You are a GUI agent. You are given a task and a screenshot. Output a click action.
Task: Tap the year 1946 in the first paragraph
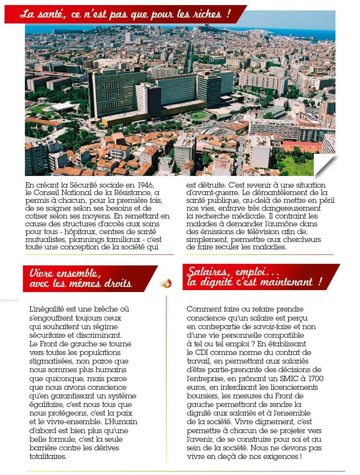[140, 185]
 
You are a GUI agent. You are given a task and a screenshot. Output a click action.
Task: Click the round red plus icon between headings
[167, 284]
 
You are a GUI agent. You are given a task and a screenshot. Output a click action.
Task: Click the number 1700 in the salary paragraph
[315, 378]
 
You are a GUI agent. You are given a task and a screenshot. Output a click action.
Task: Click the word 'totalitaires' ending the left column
[48, 456]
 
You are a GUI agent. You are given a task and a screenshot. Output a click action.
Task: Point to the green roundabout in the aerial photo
[199, 115]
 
